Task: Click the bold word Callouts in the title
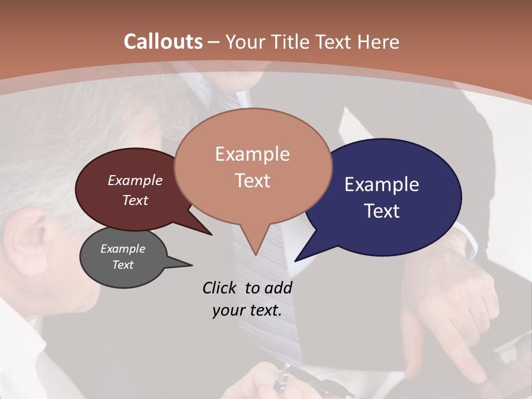pos(163,42)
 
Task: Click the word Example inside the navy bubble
pos(382,185)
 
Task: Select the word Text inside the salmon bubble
pos(253,181)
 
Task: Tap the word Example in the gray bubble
pos(122,249)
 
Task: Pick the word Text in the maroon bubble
pos(135,200)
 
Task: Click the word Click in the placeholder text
pos(219,288)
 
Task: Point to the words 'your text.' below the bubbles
pos(247,310)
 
